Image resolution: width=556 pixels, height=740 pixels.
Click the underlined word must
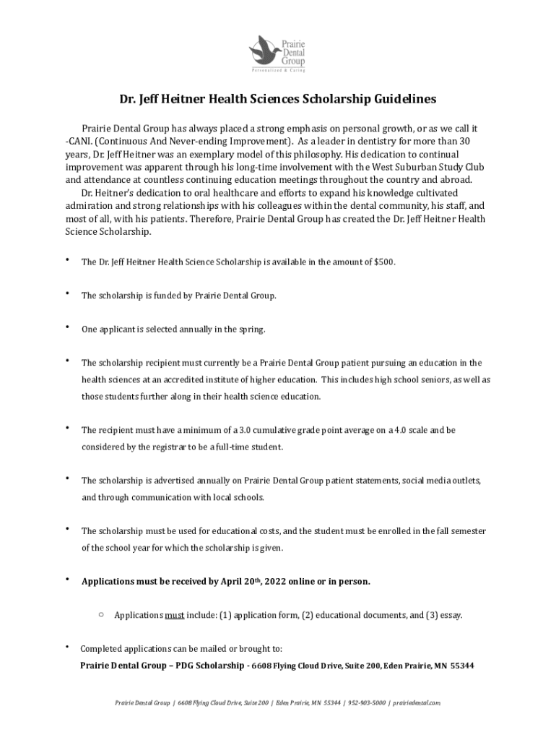175,616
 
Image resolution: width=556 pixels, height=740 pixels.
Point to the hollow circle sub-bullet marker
100,615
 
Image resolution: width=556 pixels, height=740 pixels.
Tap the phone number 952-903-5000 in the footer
366,702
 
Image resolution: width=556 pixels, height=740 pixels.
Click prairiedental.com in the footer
416,702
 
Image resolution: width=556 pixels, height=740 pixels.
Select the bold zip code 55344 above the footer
461,666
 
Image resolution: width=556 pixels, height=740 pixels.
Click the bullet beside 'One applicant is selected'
67,327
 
